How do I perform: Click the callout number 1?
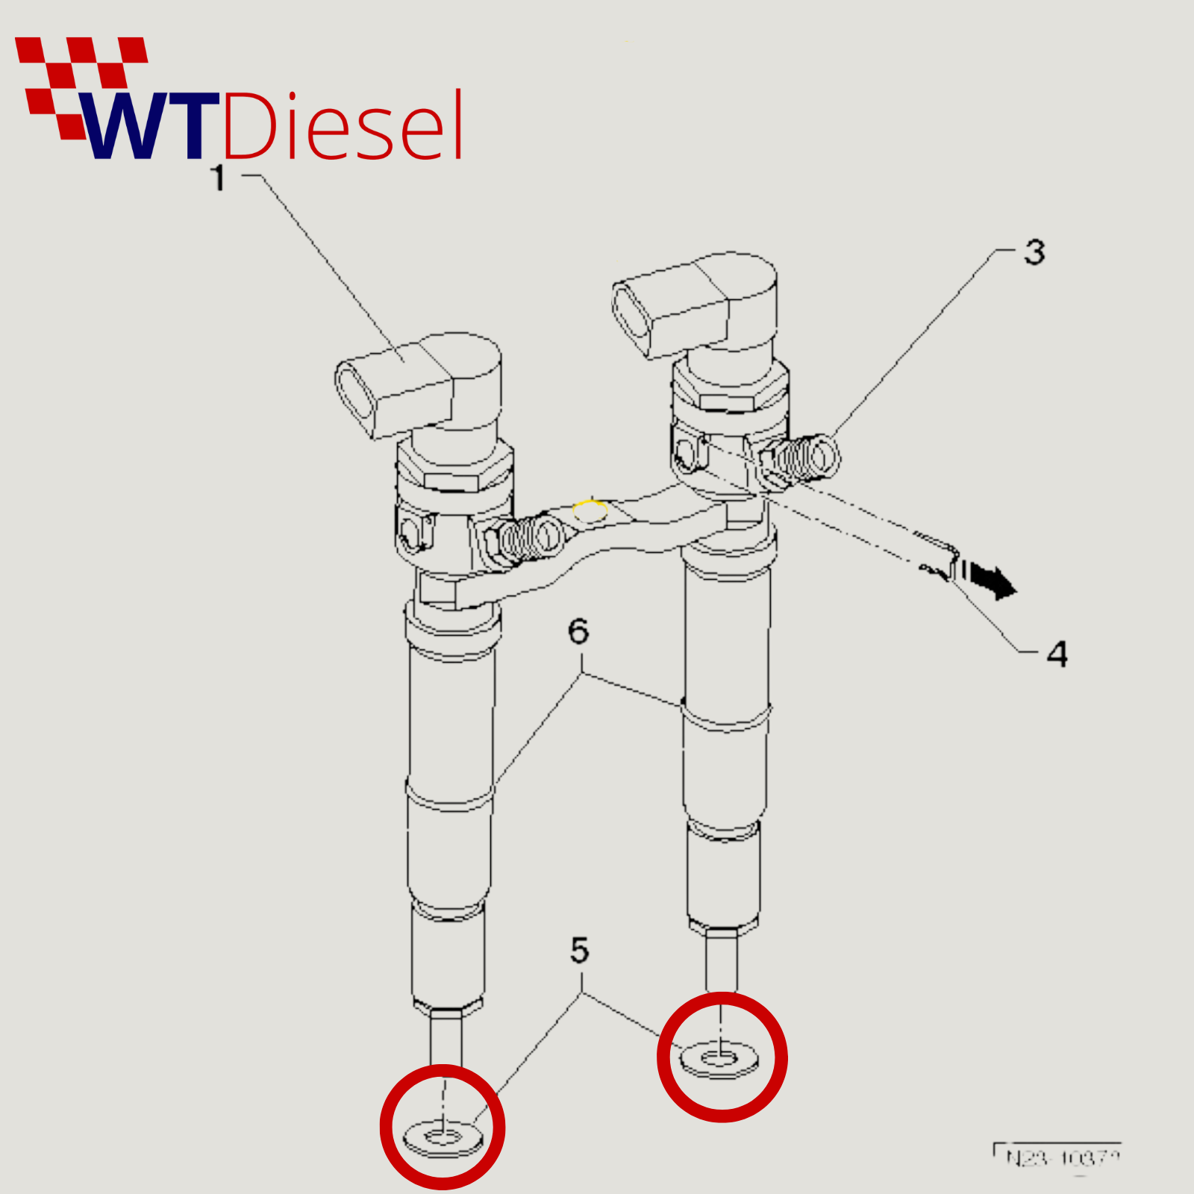[x=218, y=178]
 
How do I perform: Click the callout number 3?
[x=1034, y=252]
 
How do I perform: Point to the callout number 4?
[x=1057, y=654]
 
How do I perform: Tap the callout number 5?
[x=580, y=950]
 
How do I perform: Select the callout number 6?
[x=578, y=631]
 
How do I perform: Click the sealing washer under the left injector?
[x=443, y=1137]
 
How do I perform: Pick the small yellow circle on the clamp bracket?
[x=590, y=511]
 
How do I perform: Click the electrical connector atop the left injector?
[x=396, y=388]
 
